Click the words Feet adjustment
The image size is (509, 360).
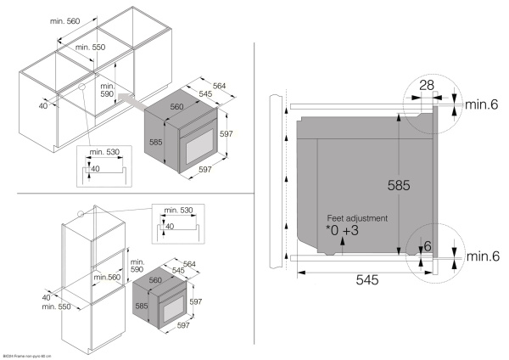pyautogui.click(x=356, y=217)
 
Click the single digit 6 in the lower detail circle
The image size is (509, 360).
pyautogui.click(x=428, y=246)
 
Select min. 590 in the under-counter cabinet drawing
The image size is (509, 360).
pyautogui.click(x=107, y=91)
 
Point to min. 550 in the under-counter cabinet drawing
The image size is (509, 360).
pyautogui.click(x=90, y=48)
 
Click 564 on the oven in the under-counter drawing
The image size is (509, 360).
pyautogui.click(x=220, y=84)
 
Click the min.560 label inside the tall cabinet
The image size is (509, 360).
pyautogui.click(x=108, y=277)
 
